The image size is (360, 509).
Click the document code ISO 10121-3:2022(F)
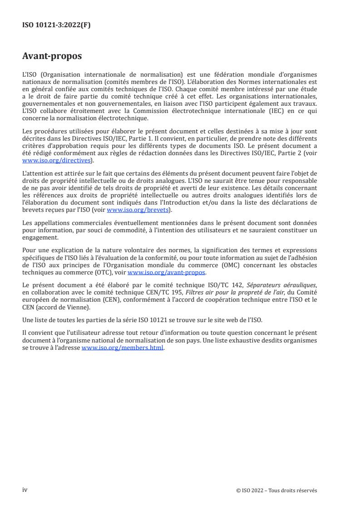56,25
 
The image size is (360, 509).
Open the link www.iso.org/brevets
137,210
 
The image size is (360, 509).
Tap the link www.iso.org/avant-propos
167,272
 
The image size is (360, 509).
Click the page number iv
25,490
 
